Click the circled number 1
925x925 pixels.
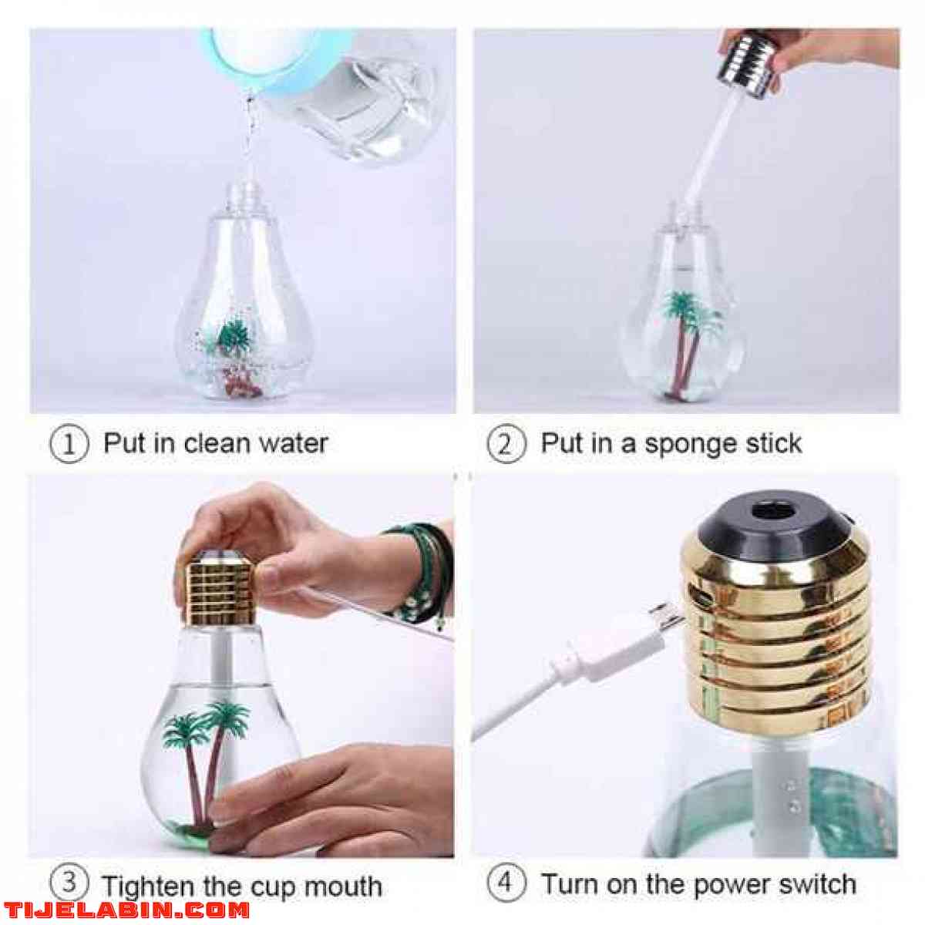69,444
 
